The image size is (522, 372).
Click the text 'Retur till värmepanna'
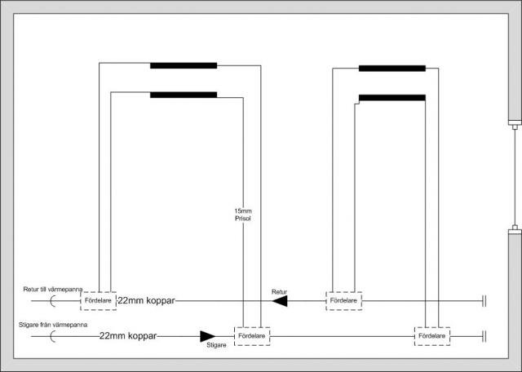point(52,289)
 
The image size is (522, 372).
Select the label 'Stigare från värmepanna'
point(53,325)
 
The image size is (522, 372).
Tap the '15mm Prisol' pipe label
point(243,215)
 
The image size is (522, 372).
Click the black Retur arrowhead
point(280,301)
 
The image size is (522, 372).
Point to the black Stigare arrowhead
point(207,336)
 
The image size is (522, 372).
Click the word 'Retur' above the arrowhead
point(279,292)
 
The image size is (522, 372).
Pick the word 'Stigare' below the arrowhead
point(216,345)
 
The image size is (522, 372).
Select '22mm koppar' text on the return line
point(146,300)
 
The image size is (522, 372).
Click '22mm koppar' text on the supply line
point(128,336)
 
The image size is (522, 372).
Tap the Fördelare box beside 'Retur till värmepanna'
point(98,301)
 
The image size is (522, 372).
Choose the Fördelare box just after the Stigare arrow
point(252,336)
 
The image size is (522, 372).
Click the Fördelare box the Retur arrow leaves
point(344,301)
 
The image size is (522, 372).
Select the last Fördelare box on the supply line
point(432,336)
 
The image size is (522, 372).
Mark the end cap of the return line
point(484,301)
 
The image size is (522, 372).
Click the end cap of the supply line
point(484,336)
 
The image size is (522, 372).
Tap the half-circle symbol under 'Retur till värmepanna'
point(52,301)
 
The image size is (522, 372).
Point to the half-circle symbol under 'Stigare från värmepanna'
point(52,336)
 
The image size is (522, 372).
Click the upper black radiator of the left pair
point(184,65)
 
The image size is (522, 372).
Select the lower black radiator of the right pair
point(392,98)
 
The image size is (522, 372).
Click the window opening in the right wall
point(515,176)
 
